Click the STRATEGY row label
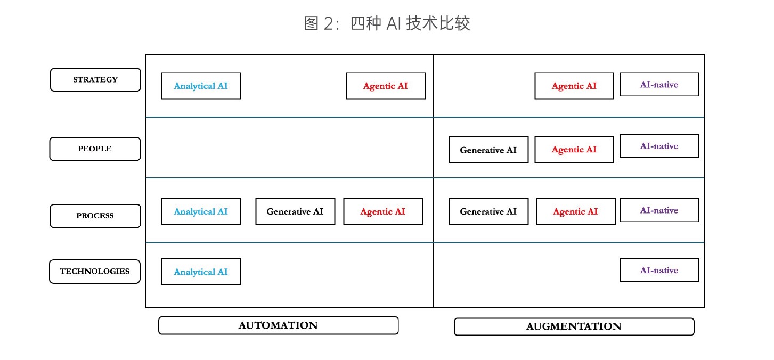click(95, 80)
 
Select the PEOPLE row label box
click(95, 149)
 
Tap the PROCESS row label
click(95, 216)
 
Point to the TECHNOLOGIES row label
click(95, 272)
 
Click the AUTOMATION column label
click(278, 325)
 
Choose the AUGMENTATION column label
click(574, 326)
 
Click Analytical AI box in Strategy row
click(201, 86)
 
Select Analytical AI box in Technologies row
click(201, 272)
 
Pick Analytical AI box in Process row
click(201, 211)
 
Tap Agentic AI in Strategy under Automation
click(386, 86)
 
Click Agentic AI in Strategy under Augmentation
click(574, 86)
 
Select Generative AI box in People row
click(488, 150)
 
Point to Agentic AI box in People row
click(574, 150)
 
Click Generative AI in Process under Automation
click(295, 211)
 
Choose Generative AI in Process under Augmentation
click(488, 211)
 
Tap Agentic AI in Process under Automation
click(383, 211)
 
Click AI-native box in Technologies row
click(659, 271)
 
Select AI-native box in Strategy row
click(659, 85)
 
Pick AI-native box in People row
click(659, 146)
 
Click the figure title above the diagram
click(387, 23)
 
